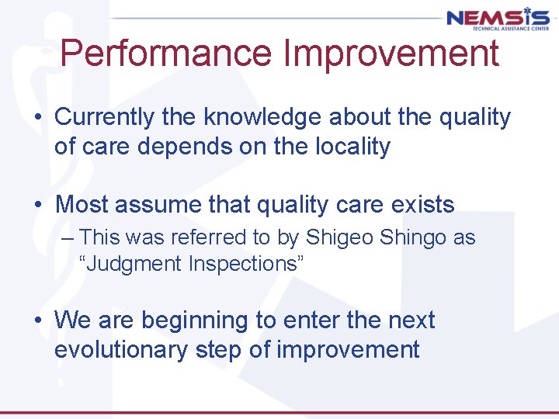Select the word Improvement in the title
391,54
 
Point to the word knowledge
263,118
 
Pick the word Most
83,205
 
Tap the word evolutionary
121,349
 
